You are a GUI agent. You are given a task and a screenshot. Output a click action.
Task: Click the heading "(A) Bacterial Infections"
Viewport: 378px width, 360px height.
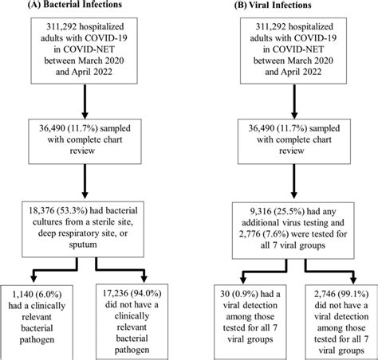[x=75, y=5]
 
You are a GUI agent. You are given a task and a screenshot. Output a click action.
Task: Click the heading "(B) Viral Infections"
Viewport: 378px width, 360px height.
[x=273, y=5]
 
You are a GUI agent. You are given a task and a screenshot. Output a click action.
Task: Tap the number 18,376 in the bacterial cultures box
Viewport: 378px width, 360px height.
[x=41, y=211]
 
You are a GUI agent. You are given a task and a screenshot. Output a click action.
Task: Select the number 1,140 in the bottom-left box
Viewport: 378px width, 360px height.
[x=23, y=294]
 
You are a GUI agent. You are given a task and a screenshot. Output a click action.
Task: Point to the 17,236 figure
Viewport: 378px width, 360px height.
[x=115, y=293]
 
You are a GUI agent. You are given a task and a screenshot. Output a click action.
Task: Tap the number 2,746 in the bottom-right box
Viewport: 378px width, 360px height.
[x=325, y=294]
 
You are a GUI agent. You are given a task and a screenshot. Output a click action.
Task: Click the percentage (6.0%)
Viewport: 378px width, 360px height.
[x=49, y=294]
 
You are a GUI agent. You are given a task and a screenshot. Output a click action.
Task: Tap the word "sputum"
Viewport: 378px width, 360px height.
[x=83, y=245]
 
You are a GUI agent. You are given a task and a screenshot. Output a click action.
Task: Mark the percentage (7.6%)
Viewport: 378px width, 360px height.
[x=275, y=234]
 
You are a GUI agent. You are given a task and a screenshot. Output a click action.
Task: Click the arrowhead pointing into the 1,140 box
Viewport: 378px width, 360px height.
[x=33, y=279]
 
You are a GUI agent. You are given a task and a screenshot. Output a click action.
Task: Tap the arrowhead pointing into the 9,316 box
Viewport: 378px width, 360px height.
[x=293, y=194]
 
